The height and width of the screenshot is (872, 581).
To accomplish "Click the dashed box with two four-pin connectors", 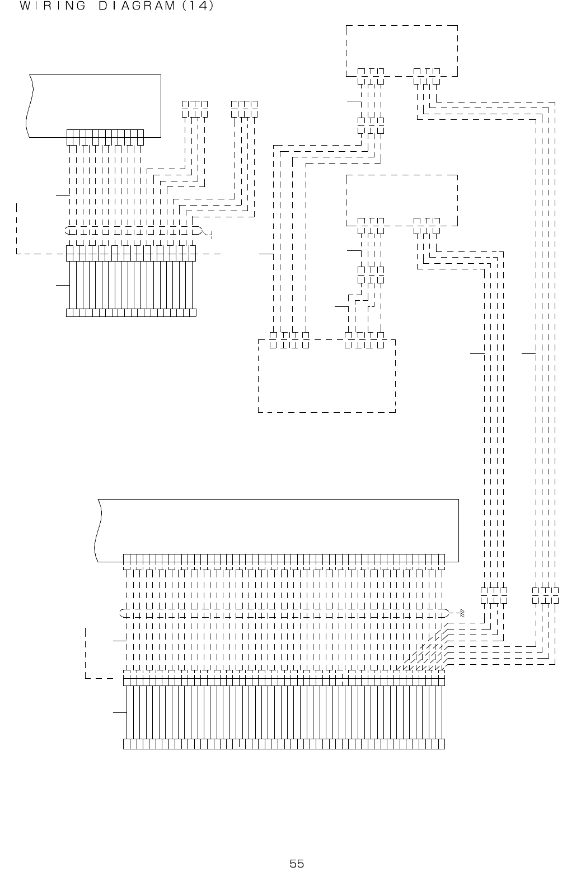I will [327, 375].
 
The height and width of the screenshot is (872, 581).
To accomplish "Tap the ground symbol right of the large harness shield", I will [461, 613].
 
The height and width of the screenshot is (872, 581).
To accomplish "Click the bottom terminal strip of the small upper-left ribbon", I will [131, 313].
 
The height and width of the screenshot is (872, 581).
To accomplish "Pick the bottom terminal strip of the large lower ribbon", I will [284, 744].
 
